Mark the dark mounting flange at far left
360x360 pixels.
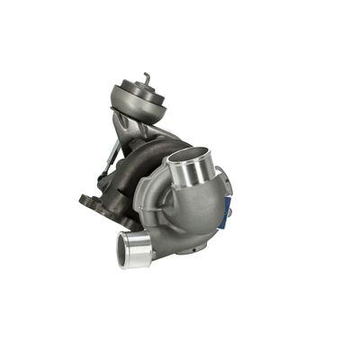[89, 202]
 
